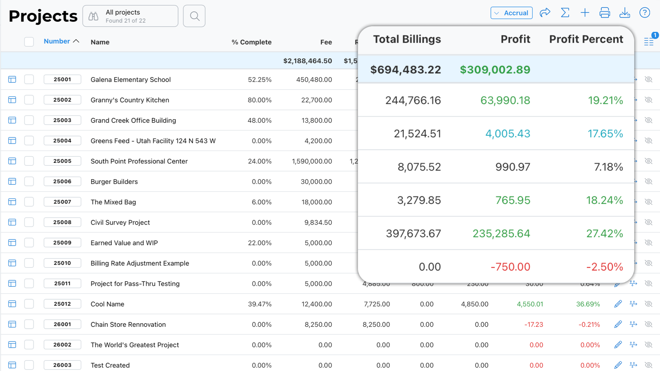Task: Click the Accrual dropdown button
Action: click(511, 13)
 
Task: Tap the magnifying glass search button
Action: click(194, 16)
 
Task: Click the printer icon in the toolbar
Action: click(605, 13)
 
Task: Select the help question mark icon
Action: click(645, 13)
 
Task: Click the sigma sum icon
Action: click(565, 13)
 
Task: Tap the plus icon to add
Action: click(585, 13)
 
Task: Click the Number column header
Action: click(57, 41)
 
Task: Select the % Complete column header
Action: click(251, 42)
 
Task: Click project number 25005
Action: click(62, 161)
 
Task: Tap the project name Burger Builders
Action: click(114, 182)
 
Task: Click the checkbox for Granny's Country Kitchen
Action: click(29, 100)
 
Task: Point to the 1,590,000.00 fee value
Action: click(312, 161)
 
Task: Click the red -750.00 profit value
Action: click(510, 267)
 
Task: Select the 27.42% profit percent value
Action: click(604, 234)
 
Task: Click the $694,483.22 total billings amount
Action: click(405, 70)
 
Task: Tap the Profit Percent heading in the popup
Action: click(586, 39)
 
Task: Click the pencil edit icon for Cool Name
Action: click(618, 304)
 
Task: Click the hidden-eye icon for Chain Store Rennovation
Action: click(648, 324)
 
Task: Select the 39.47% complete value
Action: click(260, 304)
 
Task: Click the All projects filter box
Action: click(130, 16)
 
